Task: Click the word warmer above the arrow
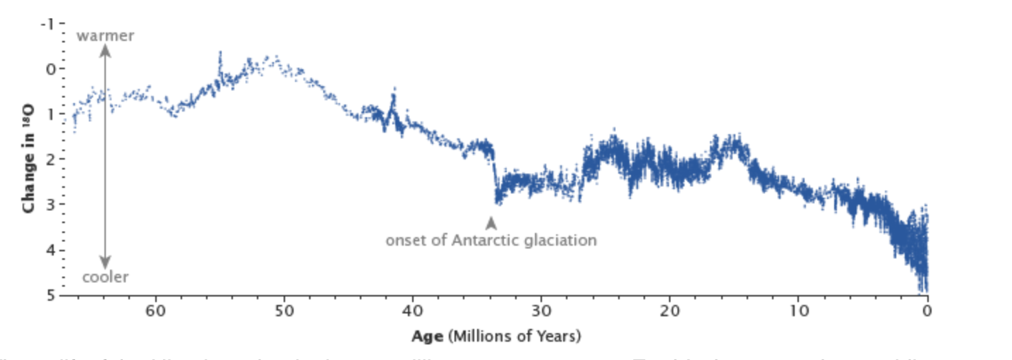tap(105, 35)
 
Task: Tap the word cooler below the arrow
tap(105, 277)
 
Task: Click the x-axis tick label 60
tap(155, 311)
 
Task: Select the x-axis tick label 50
tap(284, 311)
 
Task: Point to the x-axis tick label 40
tap(412, 311)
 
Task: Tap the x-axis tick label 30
tap(541, 311)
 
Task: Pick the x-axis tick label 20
tap(670, 311)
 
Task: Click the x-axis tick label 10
tap(798, 311)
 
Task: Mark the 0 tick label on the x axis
tap(927, 311)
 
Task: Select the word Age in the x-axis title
tap(428, 336)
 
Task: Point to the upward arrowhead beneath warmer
tap(105, 50)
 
